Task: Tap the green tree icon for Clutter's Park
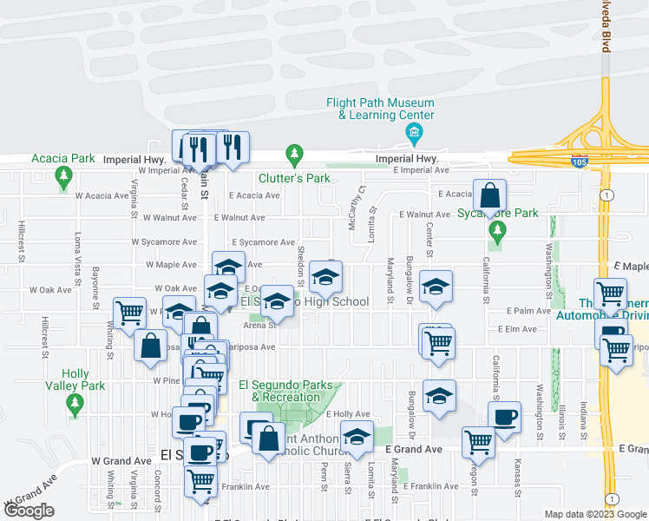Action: click(x=295, y=155)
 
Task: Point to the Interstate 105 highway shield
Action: click(x=579, y=162)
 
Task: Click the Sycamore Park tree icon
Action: click(x=496, y=231)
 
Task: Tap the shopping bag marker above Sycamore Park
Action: click(x=490, y=195)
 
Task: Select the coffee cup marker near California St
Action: click(x=504, y=417)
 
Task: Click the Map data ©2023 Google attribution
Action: click(x=594, y=514)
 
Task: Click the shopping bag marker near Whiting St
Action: click(x=151, y=345)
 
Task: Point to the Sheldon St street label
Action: click(x=300, y=265)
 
